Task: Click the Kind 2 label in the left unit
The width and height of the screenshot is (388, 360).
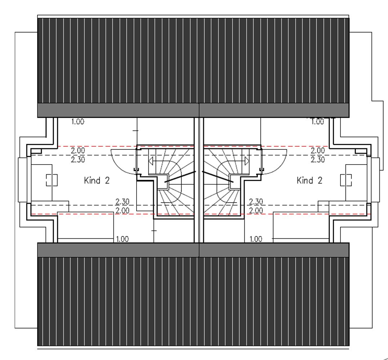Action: (x=97, y=180)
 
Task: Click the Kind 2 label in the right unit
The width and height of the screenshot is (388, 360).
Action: (x=309, y=180)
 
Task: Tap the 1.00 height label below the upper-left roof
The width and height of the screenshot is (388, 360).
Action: (x=78, y=122)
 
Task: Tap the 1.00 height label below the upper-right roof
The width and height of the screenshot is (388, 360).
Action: (x=317, y=122)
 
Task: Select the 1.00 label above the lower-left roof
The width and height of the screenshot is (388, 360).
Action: (x=122, y=239)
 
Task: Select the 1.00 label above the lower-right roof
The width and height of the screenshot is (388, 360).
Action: (x=256, y=239)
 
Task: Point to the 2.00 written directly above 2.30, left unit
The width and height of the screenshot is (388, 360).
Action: (x=78, y=150)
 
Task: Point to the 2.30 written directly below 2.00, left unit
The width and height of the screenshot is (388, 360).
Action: (x=78, y=159)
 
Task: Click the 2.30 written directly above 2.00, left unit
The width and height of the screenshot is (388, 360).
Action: (x=122, y=202)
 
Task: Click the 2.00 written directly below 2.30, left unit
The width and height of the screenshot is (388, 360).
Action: (x=122, y=211)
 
